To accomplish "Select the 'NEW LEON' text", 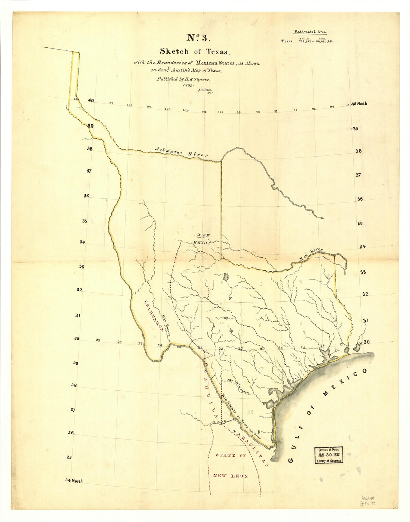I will pyautogui.click(x=230, y=476).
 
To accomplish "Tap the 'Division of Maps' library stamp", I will pyautogui.click(x=328, y=455).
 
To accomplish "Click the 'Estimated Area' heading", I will pyautogui.click(x=308, y=32).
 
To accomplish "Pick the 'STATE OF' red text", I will pyautogui.click(x=231, y=456).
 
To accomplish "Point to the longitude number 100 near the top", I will pyautogui.click(x=220, y=111).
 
